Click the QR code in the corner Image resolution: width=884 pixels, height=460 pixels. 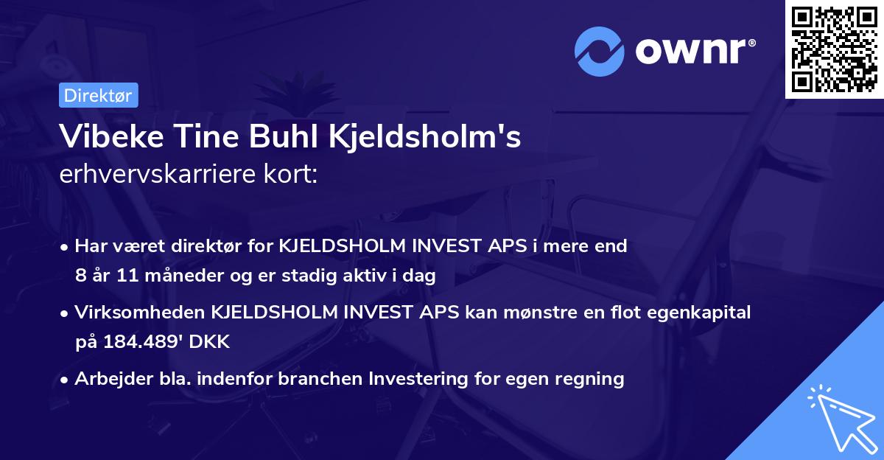[x=834, y=49]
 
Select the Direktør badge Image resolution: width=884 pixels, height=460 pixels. [x=98, y=95]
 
